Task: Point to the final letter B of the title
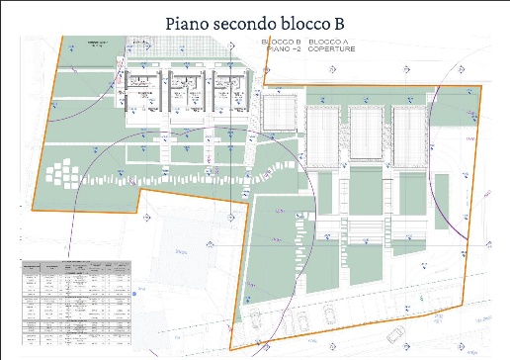(x=347, y=21)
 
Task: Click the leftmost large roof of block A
(x=323, y=133)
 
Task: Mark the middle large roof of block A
(x=366, y=133)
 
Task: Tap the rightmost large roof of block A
(x=408, y=133)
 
